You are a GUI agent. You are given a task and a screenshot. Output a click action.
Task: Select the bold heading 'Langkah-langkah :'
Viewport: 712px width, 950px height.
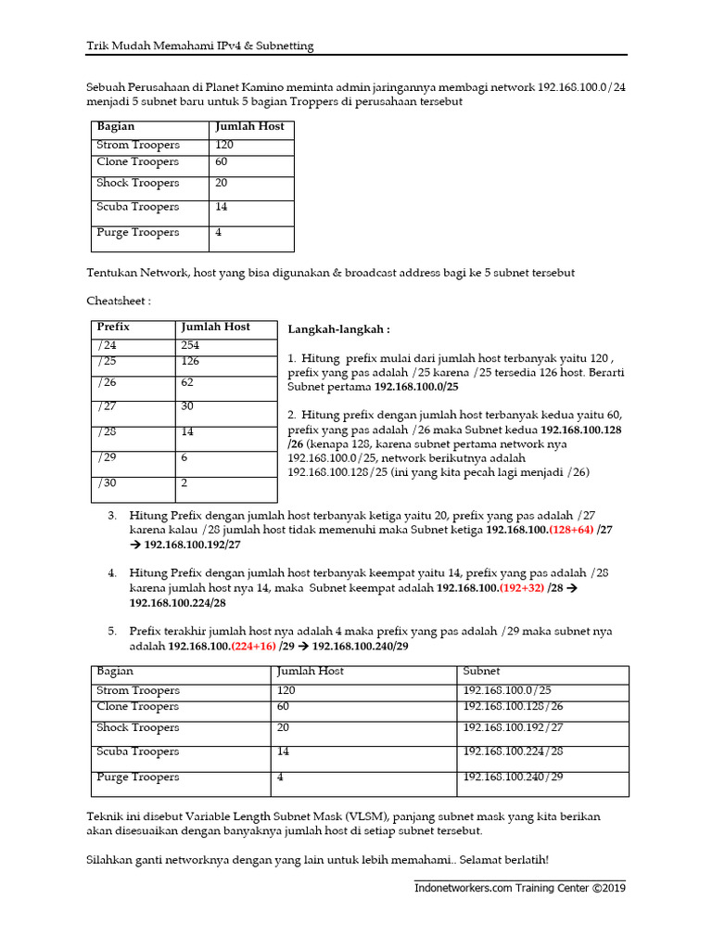(x=338, y=329)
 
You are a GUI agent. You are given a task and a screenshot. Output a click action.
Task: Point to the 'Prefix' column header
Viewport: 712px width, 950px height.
(x=113, y=327)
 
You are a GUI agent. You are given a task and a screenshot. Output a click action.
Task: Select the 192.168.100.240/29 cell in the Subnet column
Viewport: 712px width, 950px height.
(x=513, y=777)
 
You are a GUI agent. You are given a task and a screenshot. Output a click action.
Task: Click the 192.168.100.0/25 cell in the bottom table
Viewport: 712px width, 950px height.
(x=506, y=691)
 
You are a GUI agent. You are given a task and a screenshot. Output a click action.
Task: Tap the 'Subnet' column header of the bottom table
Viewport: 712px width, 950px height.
(x=481, y=671)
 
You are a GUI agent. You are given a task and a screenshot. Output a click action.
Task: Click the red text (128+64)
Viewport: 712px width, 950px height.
(x=571, y=530)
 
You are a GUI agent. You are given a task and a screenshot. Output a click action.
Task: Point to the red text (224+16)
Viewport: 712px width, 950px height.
(x=254, y=646)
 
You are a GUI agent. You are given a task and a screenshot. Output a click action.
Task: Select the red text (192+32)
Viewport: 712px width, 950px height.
(x=522, y=588)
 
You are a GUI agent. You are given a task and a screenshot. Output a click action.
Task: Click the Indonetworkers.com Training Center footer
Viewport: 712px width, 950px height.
(x=520, y=888)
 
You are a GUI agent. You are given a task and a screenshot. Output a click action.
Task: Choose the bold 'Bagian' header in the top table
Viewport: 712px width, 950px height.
(x=116, y=126)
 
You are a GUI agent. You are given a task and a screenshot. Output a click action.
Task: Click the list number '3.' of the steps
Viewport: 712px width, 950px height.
(x=112, y=515)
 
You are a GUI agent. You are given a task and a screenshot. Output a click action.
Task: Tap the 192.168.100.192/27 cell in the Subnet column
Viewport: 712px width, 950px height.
(x=513, y=728)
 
